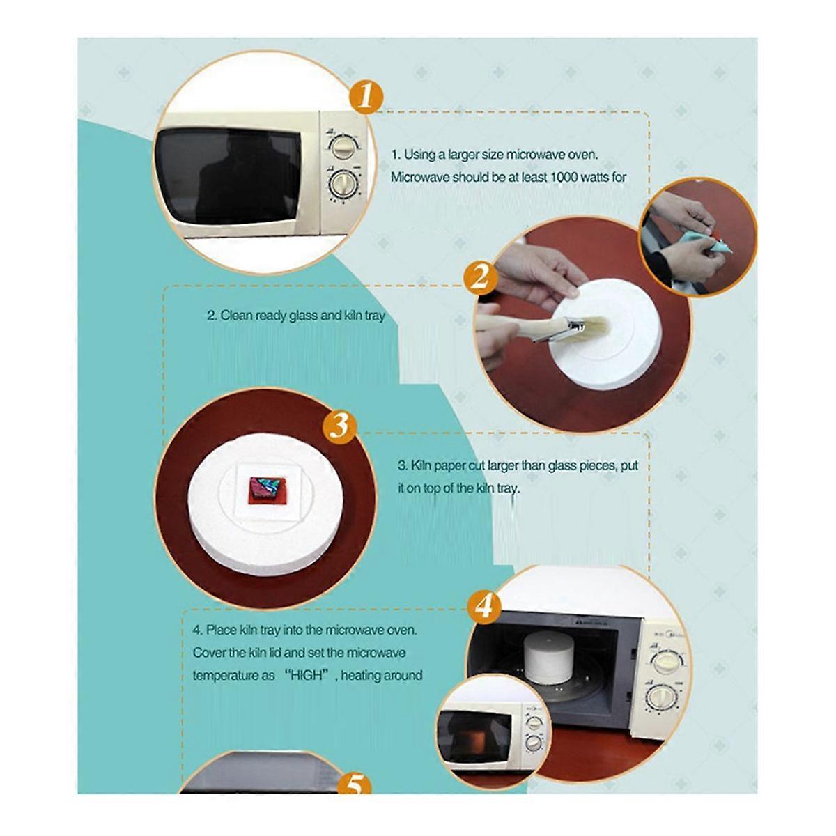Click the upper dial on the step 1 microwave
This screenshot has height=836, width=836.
(342, 148)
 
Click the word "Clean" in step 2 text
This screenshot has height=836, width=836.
(235, 316)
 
